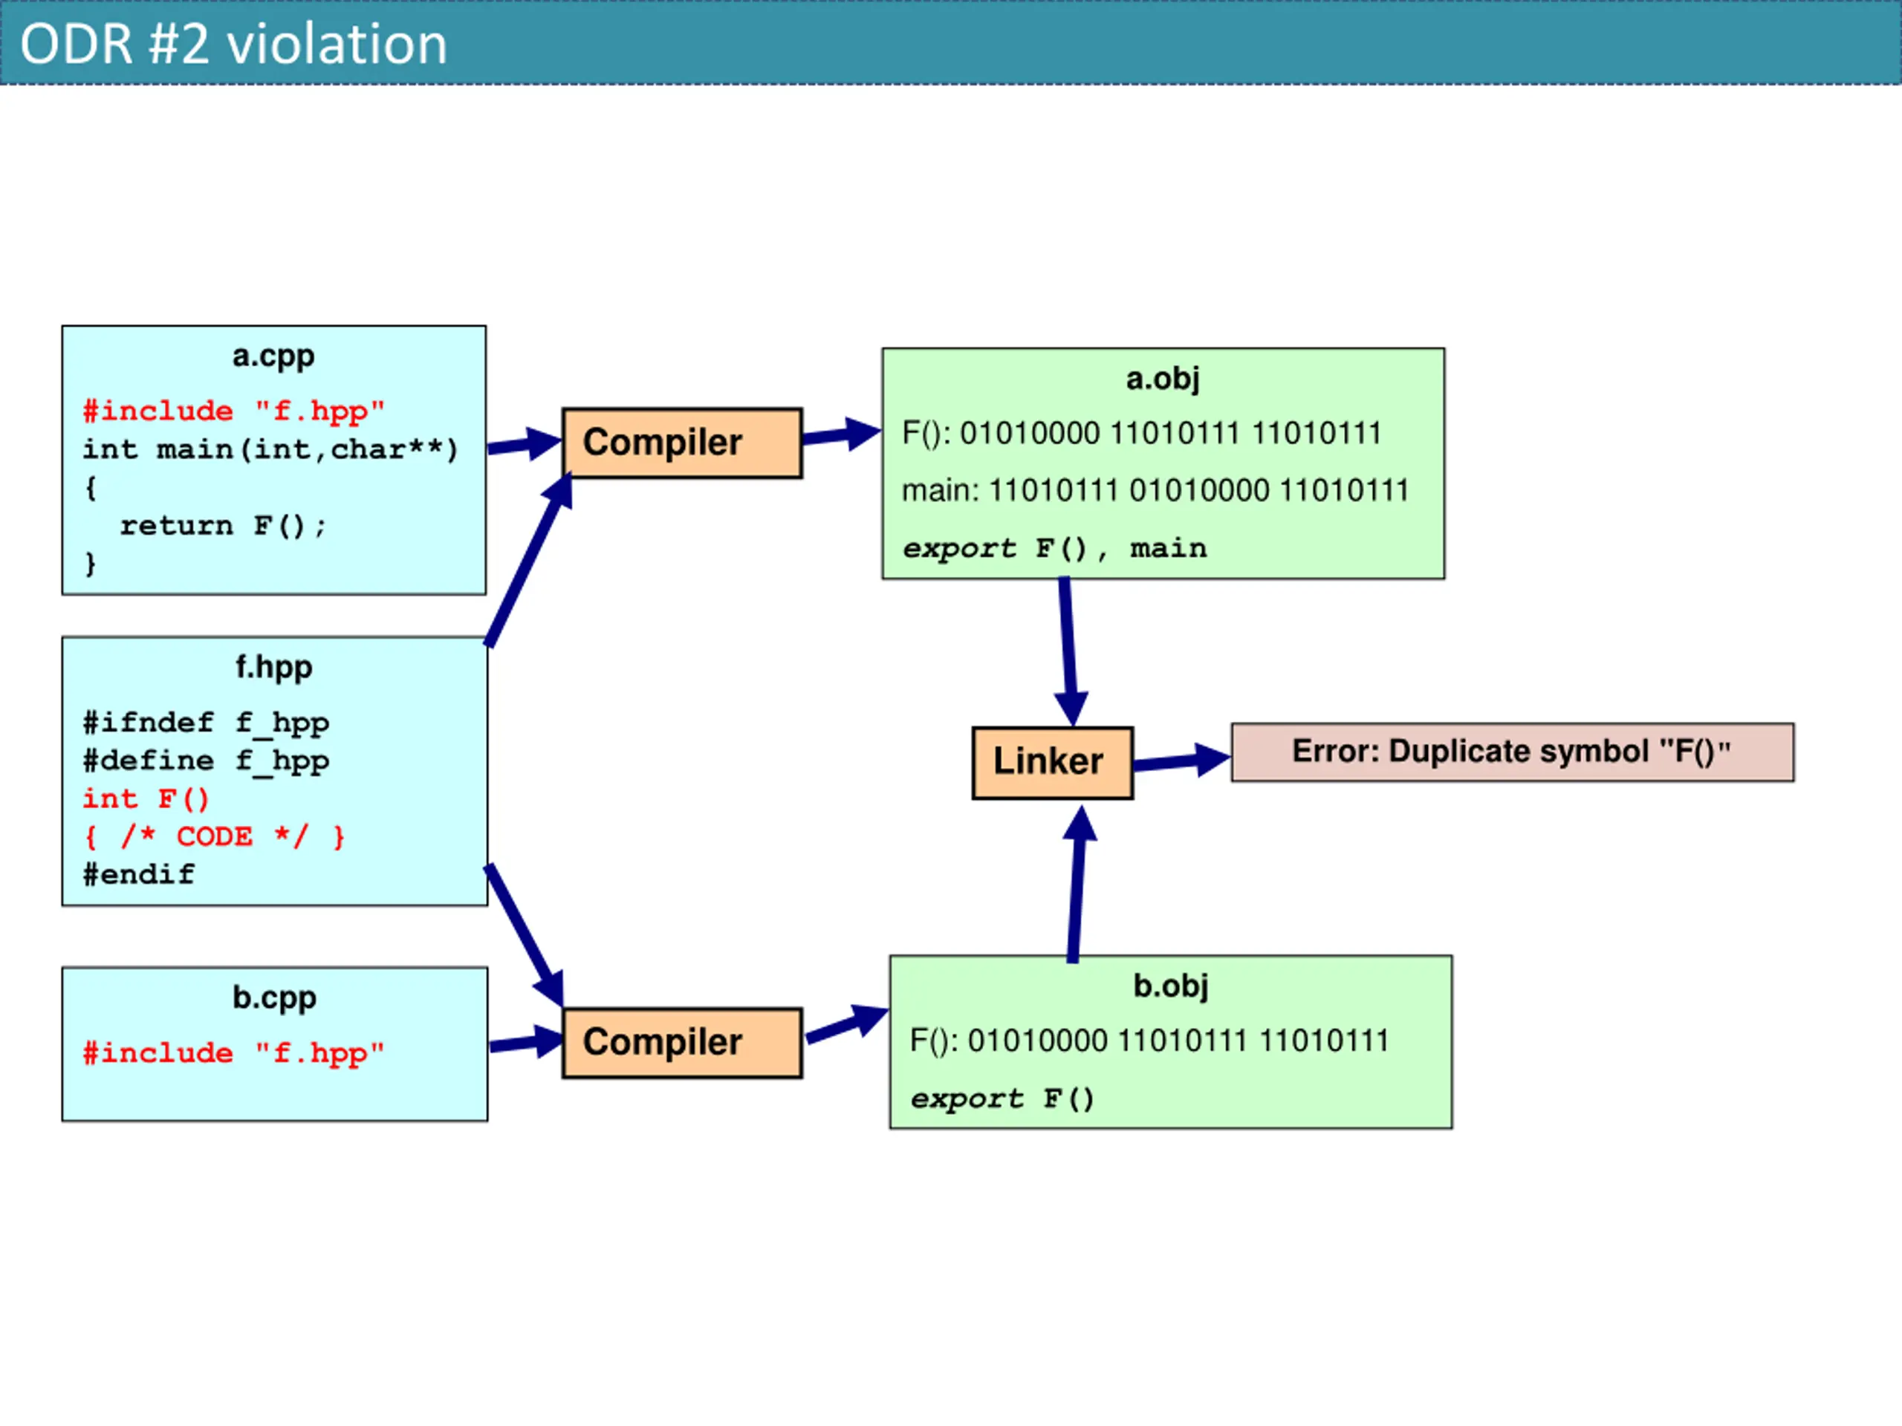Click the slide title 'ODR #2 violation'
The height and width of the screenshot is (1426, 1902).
click(x=233, y=44)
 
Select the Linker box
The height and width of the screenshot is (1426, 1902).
click(x=1053, y=763)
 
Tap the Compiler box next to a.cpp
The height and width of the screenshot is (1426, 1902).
click(x=682, y=443)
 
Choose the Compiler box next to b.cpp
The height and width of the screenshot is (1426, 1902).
click(x=682, y=1043)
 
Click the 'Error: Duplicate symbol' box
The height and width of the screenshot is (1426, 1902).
click(x=1513, y=752)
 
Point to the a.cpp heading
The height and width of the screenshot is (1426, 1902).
click(x=273, y=356)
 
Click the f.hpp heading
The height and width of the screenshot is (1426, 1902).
click(x=274, y=668)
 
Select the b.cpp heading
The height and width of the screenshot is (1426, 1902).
click(x=274, y=998)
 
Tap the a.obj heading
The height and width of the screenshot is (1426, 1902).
click(x=1163, y=379)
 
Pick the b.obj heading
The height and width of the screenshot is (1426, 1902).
click(x=1170, y=986)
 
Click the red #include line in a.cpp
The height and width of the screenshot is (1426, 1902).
click(x=233, y=411)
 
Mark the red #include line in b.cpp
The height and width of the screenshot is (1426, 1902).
click(x=233, y=1054)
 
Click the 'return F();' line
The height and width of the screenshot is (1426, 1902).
click(x=223, y=526)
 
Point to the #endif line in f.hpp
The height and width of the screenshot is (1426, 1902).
click(x=138, y=875)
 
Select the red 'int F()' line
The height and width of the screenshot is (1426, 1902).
click(x=146, y=799)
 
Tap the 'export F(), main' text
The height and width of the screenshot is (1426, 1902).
click(x=1054, y=548)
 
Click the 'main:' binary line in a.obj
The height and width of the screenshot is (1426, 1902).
click(x=1155, y=491)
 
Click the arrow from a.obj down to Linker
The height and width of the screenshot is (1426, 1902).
click(x=1069, y=651)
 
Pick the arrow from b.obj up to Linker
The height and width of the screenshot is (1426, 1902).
click(x=1077, y=884)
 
